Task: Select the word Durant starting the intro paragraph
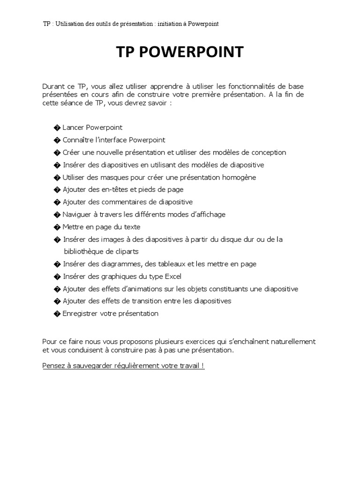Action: (x=53, y=87)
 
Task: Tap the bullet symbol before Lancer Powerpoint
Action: (x=57, y=127)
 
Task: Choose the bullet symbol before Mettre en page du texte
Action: (x=57, y=227)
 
